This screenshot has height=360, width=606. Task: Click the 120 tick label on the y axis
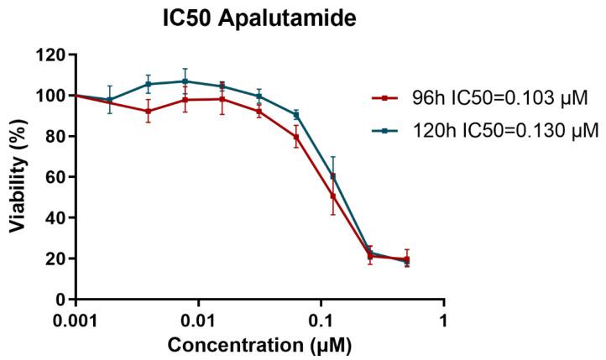(53, 55)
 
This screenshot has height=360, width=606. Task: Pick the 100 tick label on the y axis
(53, 96)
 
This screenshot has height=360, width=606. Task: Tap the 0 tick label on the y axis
(60, 299)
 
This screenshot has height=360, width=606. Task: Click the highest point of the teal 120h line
(185, 81)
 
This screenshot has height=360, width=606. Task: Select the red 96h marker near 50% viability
(333, 196)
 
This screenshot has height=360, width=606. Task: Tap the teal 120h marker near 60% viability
(333, 176)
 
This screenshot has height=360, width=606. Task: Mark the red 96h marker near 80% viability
(296, 137)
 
